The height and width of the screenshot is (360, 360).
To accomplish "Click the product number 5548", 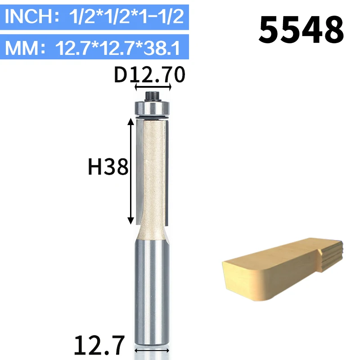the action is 301,30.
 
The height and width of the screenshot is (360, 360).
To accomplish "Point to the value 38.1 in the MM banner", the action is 162,48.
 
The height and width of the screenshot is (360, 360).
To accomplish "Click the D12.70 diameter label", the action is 149,75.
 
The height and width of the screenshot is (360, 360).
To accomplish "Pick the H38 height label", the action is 108,167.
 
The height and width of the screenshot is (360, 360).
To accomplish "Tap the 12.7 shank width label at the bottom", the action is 99,345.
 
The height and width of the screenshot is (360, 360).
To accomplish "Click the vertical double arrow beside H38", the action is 130,171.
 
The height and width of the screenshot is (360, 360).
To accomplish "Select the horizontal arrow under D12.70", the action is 153,87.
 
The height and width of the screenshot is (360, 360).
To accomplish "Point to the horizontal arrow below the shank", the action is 152,351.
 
